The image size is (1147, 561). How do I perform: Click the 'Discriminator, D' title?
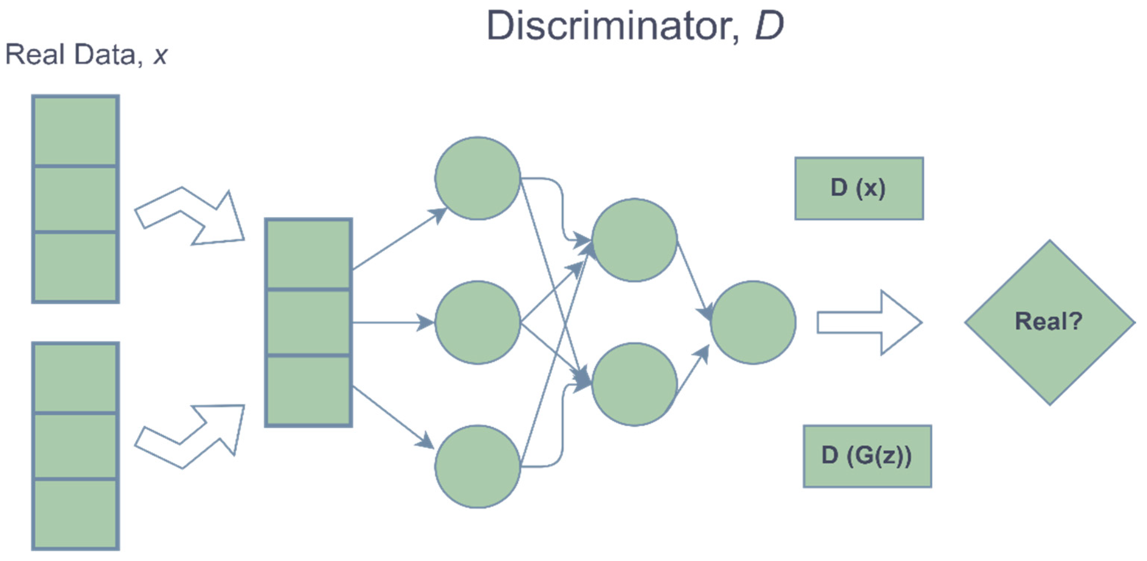[635, 26]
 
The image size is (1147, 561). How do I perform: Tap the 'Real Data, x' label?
[86, 55]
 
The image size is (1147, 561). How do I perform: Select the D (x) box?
[859, 188]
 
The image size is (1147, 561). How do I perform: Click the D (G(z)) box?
[867, 456]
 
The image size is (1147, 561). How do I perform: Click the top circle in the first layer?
[477, 178]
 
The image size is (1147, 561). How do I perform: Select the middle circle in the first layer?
[477, 322]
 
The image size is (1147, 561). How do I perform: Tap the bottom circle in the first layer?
[477, 466]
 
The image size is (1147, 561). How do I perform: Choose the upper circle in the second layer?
[634, 240]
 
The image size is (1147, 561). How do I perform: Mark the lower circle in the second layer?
[634, 384]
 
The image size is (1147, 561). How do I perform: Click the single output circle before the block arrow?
[753, 322]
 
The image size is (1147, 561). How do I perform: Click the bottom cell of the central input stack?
[308, 390]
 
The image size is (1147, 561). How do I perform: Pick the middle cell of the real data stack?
[75, 199]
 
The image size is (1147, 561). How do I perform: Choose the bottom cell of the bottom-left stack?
[75, 513]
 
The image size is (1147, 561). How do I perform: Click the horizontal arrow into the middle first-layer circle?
[392, 322]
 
